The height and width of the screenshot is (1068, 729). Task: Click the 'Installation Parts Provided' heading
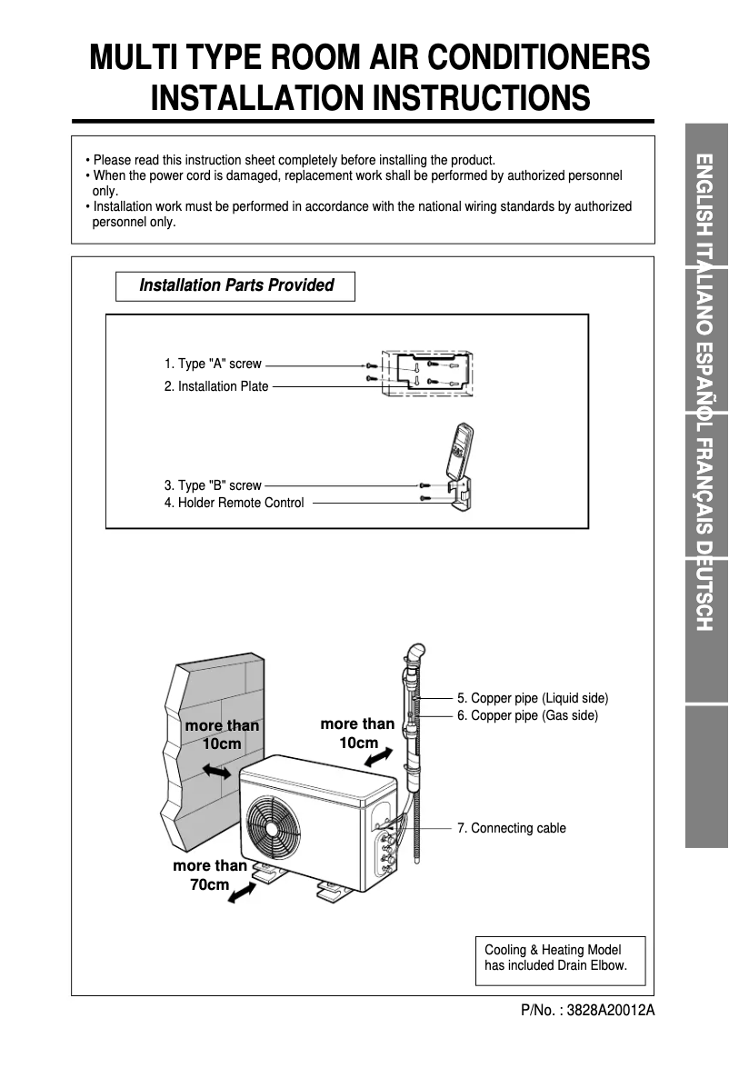[x=235, y=285]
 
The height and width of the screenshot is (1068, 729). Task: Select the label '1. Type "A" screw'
[x=213, y=364]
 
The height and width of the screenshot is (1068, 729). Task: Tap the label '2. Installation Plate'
[x=216, y=386]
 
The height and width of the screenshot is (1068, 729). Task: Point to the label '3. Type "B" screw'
[x=213, y=485]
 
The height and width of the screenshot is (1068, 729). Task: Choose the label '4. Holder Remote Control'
[x=235, y=503]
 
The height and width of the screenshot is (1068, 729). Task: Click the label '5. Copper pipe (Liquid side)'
[x=533, y=698]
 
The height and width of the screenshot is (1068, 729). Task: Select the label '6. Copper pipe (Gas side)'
[x=527, y=715]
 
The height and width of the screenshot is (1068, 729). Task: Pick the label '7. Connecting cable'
[x=511, y=828]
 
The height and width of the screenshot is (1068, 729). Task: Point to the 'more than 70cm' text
[x=210, y=874]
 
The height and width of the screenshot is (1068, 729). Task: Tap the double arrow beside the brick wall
[x=216, y=771]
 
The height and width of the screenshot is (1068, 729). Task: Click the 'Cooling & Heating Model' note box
[x=560, y=958]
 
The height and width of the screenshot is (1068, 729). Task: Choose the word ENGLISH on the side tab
[x=706, y=196]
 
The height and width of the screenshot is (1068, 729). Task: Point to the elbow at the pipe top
[x=414, y=654]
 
